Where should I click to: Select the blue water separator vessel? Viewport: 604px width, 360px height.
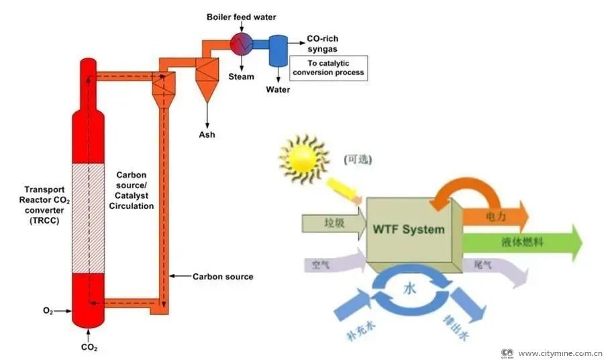276,51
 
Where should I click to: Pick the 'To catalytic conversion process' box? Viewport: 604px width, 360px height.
328,68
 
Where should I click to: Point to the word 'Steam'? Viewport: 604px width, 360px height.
241,77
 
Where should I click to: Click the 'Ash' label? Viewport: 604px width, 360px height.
207,134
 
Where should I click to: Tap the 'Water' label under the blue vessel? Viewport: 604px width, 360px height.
278,89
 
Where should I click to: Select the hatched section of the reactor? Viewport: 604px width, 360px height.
88,218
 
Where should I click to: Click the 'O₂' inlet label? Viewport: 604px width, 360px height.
48,310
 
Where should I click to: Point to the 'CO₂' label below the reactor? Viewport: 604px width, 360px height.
89,347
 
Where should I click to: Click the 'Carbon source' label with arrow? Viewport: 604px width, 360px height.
222,276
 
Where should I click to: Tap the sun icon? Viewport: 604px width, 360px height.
305,158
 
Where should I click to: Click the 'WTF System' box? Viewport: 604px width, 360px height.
409,230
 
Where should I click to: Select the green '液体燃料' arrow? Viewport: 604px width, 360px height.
523,242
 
